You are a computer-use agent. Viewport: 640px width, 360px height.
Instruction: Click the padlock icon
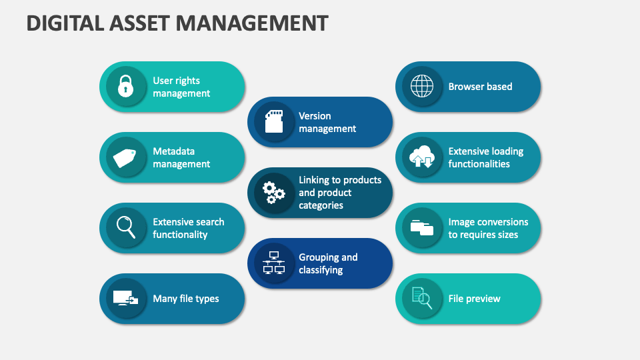coord(126,86)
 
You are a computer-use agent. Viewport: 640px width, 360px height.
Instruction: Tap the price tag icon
coord(125,158)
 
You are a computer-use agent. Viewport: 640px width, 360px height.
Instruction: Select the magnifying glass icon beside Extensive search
coord(126,227)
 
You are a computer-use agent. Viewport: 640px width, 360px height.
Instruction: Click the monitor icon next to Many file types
coord(125,299)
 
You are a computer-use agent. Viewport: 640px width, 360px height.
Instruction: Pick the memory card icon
coord(274,121)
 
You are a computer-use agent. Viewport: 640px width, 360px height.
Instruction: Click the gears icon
coord(273,193)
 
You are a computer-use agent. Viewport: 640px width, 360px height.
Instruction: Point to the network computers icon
coord(274,263)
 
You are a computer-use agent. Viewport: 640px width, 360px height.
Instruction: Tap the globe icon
coord(421,86)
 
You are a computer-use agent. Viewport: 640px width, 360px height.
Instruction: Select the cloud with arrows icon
coord(421,157)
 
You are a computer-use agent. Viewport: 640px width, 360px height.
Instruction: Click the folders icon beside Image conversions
coord(421,228)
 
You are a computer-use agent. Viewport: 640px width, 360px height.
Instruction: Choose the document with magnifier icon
coord(422,298)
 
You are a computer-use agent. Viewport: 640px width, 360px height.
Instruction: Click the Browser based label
coord(480,87)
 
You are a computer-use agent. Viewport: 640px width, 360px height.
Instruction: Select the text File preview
coord(474,299)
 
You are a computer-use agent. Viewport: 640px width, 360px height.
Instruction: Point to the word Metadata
coord(173,151)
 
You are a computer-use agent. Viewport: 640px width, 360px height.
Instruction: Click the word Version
coord(315,116)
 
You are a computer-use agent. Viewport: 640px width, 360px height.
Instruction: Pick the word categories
coord(321,205)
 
